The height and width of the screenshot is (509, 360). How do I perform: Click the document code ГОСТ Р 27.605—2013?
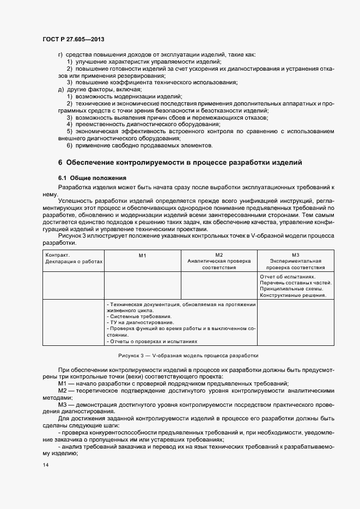pyautogui.click(x=73, y=39)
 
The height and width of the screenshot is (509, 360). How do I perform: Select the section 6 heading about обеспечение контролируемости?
pyautogui.click(x=180, y=163)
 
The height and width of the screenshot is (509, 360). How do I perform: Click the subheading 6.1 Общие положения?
pyautogui.click(x=92, y=178)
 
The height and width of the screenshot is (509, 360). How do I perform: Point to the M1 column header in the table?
pyautogui.click(x=142, y=255)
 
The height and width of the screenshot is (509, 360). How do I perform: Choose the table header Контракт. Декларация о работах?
pyautogui.click(x=74, y=258)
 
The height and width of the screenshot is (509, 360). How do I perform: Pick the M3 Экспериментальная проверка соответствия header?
pyautogui.click(x=296, y=261)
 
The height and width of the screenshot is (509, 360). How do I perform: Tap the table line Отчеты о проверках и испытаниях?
pyautogui.click(x=148, y=342)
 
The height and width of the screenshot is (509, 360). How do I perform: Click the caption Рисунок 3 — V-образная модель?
pyautogui.click(x=188, y=355)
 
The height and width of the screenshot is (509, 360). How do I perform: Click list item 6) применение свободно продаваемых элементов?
pyautogui.click(x=139, y=145)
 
